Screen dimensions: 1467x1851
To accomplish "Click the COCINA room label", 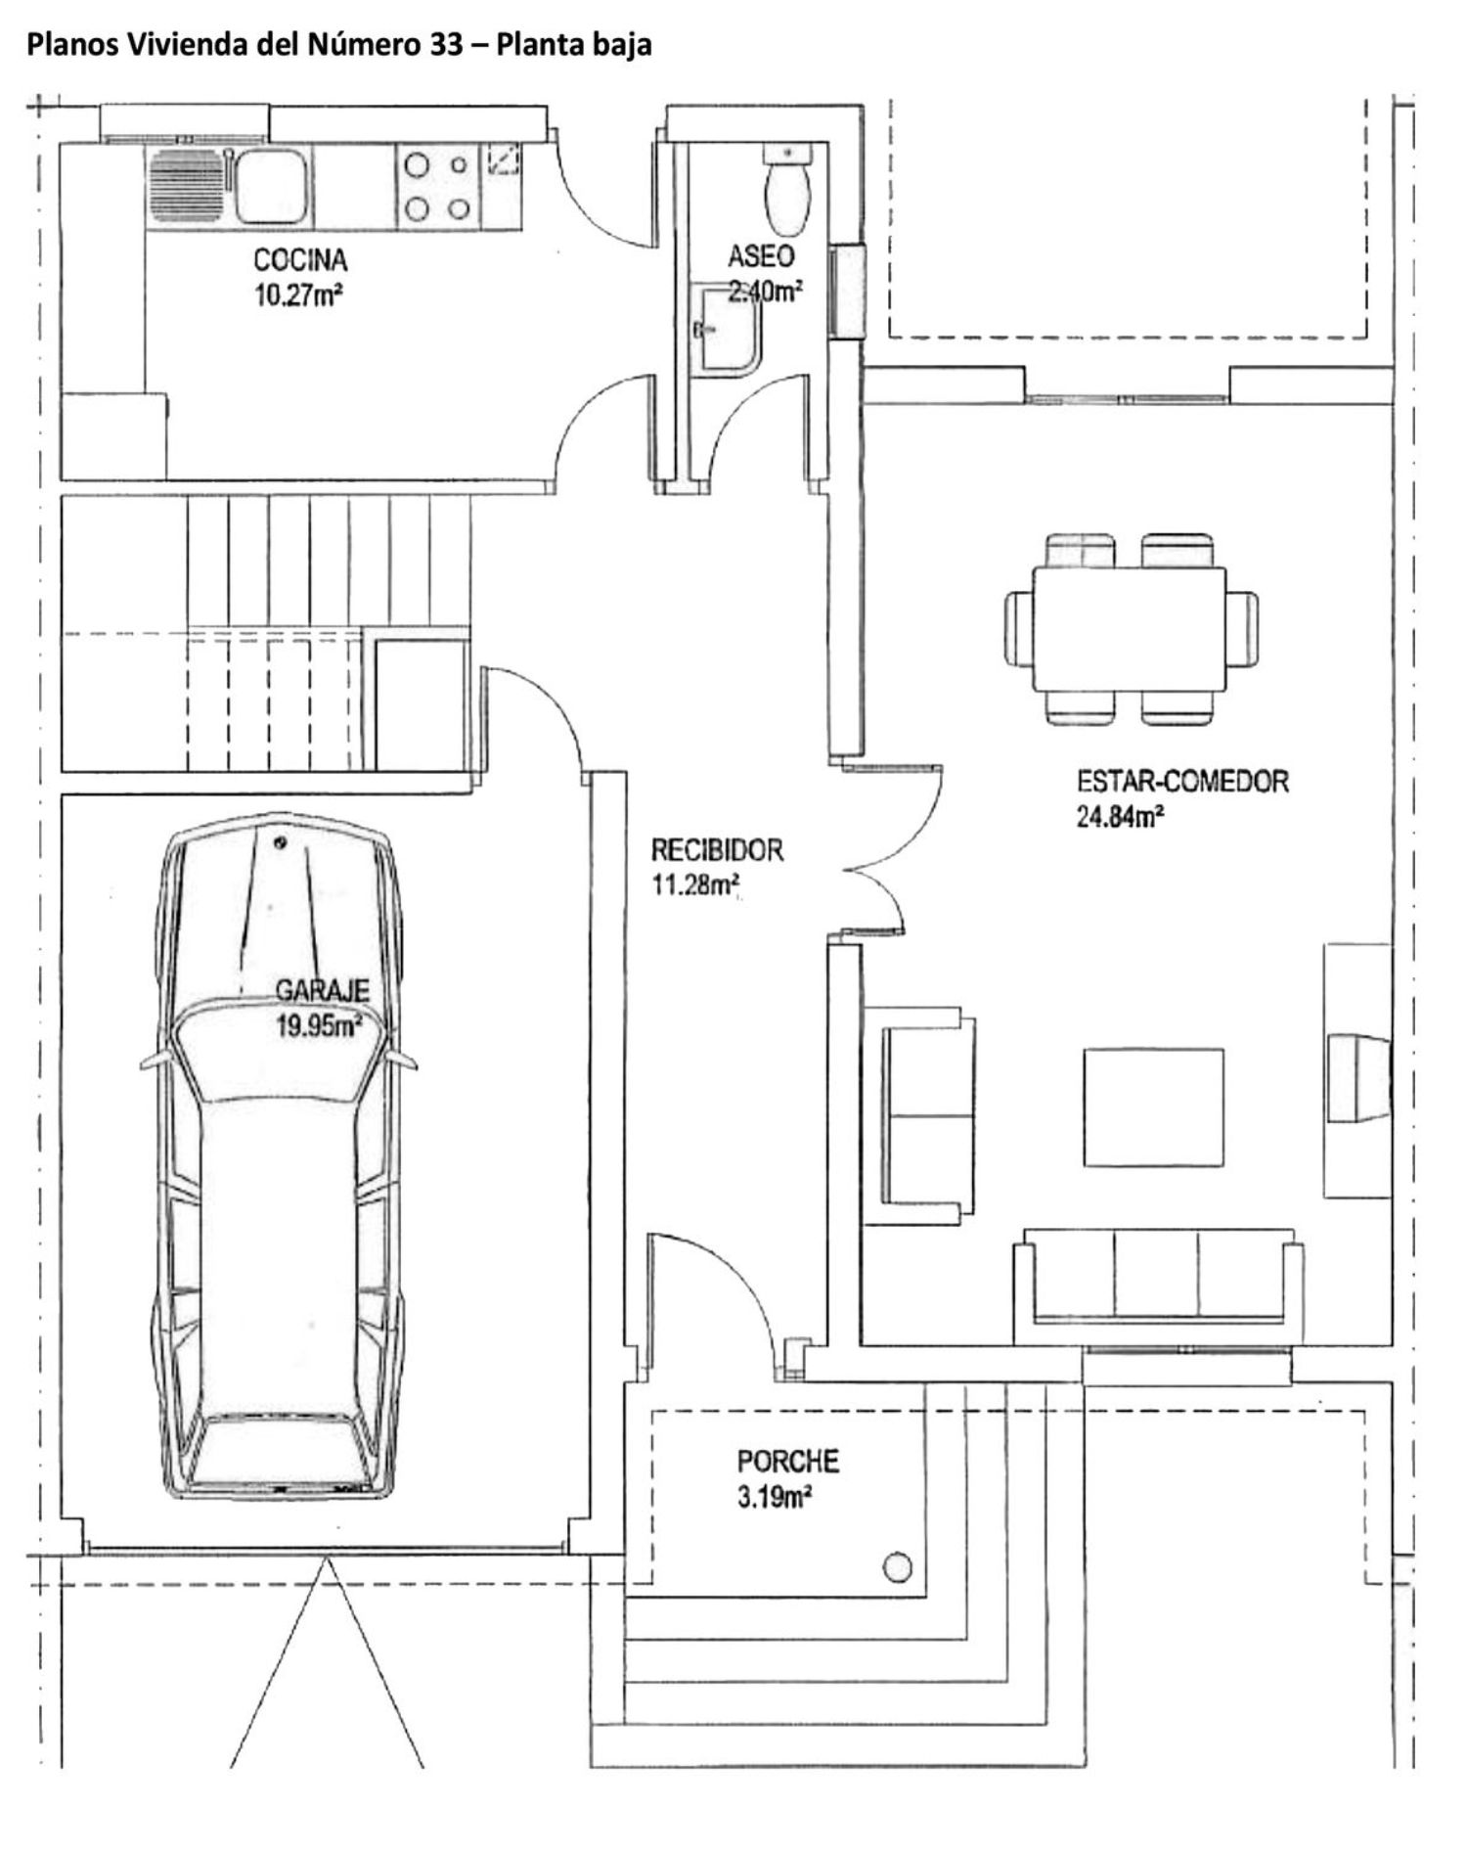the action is click(x=300, y=260).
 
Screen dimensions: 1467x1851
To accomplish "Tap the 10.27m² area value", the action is click(x=298, y=294).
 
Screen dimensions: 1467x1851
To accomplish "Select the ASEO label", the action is click(x=761, y=257).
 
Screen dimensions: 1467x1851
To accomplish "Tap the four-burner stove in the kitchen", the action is click(x=437, y=186).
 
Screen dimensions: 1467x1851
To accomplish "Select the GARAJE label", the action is click(x=322, y=991).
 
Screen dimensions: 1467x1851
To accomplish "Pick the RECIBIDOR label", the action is click(x=718, y=849).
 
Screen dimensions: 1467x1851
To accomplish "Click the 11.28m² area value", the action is click(x=694, y=884).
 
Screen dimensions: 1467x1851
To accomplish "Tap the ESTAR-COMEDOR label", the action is click(x=1182, y=782).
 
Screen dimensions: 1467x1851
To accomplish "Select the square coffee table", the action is click(x=1154, y=1106).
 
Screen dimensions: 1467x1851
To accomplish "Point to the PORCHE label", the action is click(x=787, y=1462).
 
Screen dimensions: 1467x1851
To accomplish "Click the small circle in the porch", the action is click(x=897, y=1567).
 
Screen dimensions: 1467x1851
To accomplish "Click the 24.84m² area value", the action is click(x=1121, y=816).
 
